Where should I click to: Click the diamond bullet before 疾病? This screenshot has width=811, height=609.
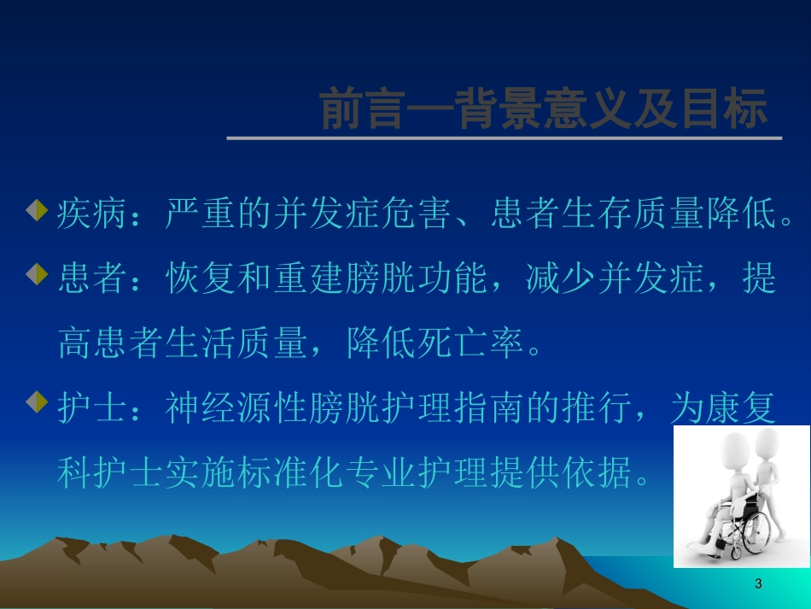pyautogui.click(x=36, y=210)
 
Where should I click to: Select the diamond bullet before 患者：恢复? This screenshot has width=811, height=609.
pyautogui.click(x=36, y=274)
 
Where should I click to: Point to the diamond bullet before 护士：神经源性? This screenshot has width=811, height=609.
pyautogui.click(x=36, y=402)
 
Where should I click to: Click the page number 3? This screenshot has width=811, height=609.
pyautogui.click(x=758, y=584)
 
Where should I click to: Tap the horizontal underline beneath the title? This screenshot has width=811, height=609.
pyautogui.click(x=504, y=138)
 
